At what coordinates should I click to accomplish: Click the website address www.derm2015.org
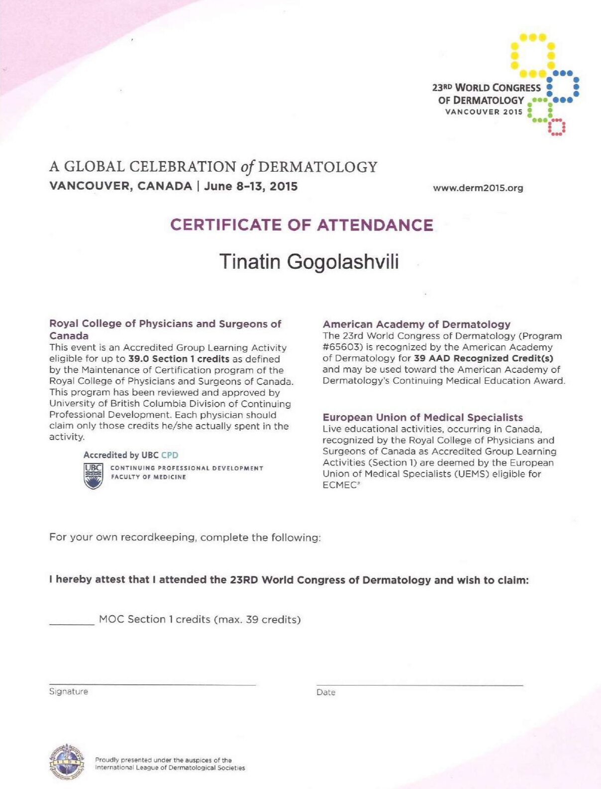tap(478, 188)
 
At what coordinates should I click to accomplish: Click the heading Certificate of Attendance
tap(301, 225)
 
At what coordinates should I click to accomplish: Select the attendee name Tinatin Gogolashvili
tap(309, 262)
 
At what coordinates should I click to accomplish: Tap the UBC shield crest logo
tap(93, 476)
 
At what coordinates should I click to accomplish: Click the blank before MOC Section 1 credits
tap(72, 623)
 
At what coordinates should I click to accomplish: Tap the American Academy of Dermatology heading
tap(416, 325)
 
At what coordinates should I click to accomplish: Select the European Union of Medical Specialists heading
tap(422, 417)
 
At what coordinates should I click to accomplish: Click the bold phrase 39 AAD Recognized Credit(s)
tap(484, 358)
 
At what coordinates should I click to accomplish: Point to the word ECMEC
tap(339, 485)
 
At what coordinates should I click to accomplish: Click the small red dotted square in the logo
tap(556, 127)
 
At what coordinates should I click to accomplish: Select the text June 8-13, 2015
tap(251, 186)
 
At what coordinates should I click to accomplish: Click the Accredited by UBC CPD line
tap(130, 455)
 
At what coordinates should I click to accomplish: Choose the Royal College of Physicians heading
tap(165, 329)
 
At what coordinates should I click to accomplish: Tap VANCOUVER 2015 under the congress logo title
tap(484, 112)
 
